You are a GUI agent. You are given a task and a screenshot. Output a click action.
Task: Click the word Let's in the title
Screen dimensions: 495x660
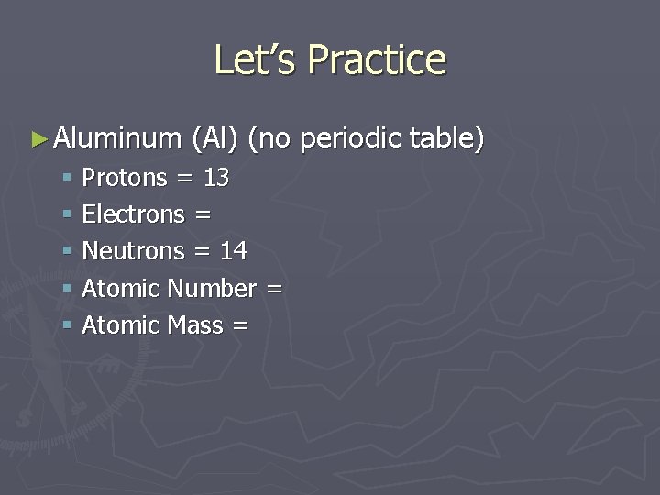pyautogui.click(x=256, y=60)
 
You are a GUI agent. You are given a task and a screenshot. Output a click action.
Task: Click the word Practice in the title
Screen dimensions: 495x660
pyautogui.click(x=377, y=60)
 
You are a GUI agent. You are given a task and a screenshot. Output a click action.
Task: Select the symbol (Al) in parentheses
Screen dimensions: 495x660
pyautogui.click(x=215, y=138)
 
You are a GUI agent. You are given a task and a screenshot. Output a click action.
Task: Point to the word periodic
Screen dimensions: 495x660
pyautogui.click(x=352, y=138)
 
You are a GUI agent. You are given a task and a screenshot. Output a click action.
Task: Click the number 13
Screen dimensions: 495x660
pyautogui.click(x=216, y=177)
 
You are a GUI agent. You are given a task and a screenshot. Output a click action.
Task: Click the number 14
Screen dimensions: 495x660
pyautogui.click(x=234, y=251)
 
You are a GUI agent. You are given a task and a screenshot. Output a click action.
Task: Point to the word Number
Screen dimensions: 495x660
pyautogui.click(x=212, y=289)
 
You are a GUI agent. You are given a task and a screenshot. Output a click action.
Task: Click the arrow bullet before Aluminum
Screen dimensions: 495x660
pyautogui.click(x=38, y=139)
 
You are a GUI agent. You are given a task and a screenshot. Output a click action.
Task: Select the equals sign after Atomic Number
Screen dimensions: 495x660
pyautogui.click(x=273, y=290)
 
